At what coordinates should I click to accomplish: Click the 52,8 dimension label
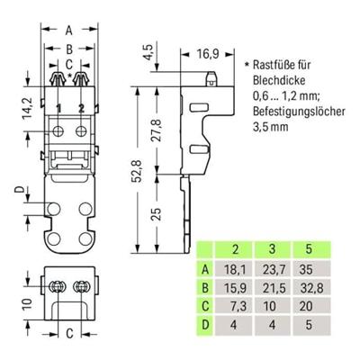coord(139,166)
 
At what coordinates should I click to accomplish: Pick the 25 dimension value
coord(157,213)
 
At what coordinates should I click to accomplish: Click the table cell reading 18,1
coord(236,268)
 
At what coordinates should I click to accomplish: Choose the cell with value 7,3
coord(236,306)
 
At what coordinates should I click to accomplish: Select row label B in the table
coord(206,287)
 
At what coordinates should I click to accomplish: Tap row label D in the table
coord(206,325)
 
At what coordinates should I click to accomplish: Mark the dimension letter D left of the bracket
coord(19,191)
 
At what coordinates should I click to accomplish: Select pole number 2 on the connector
coord(82,109)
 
